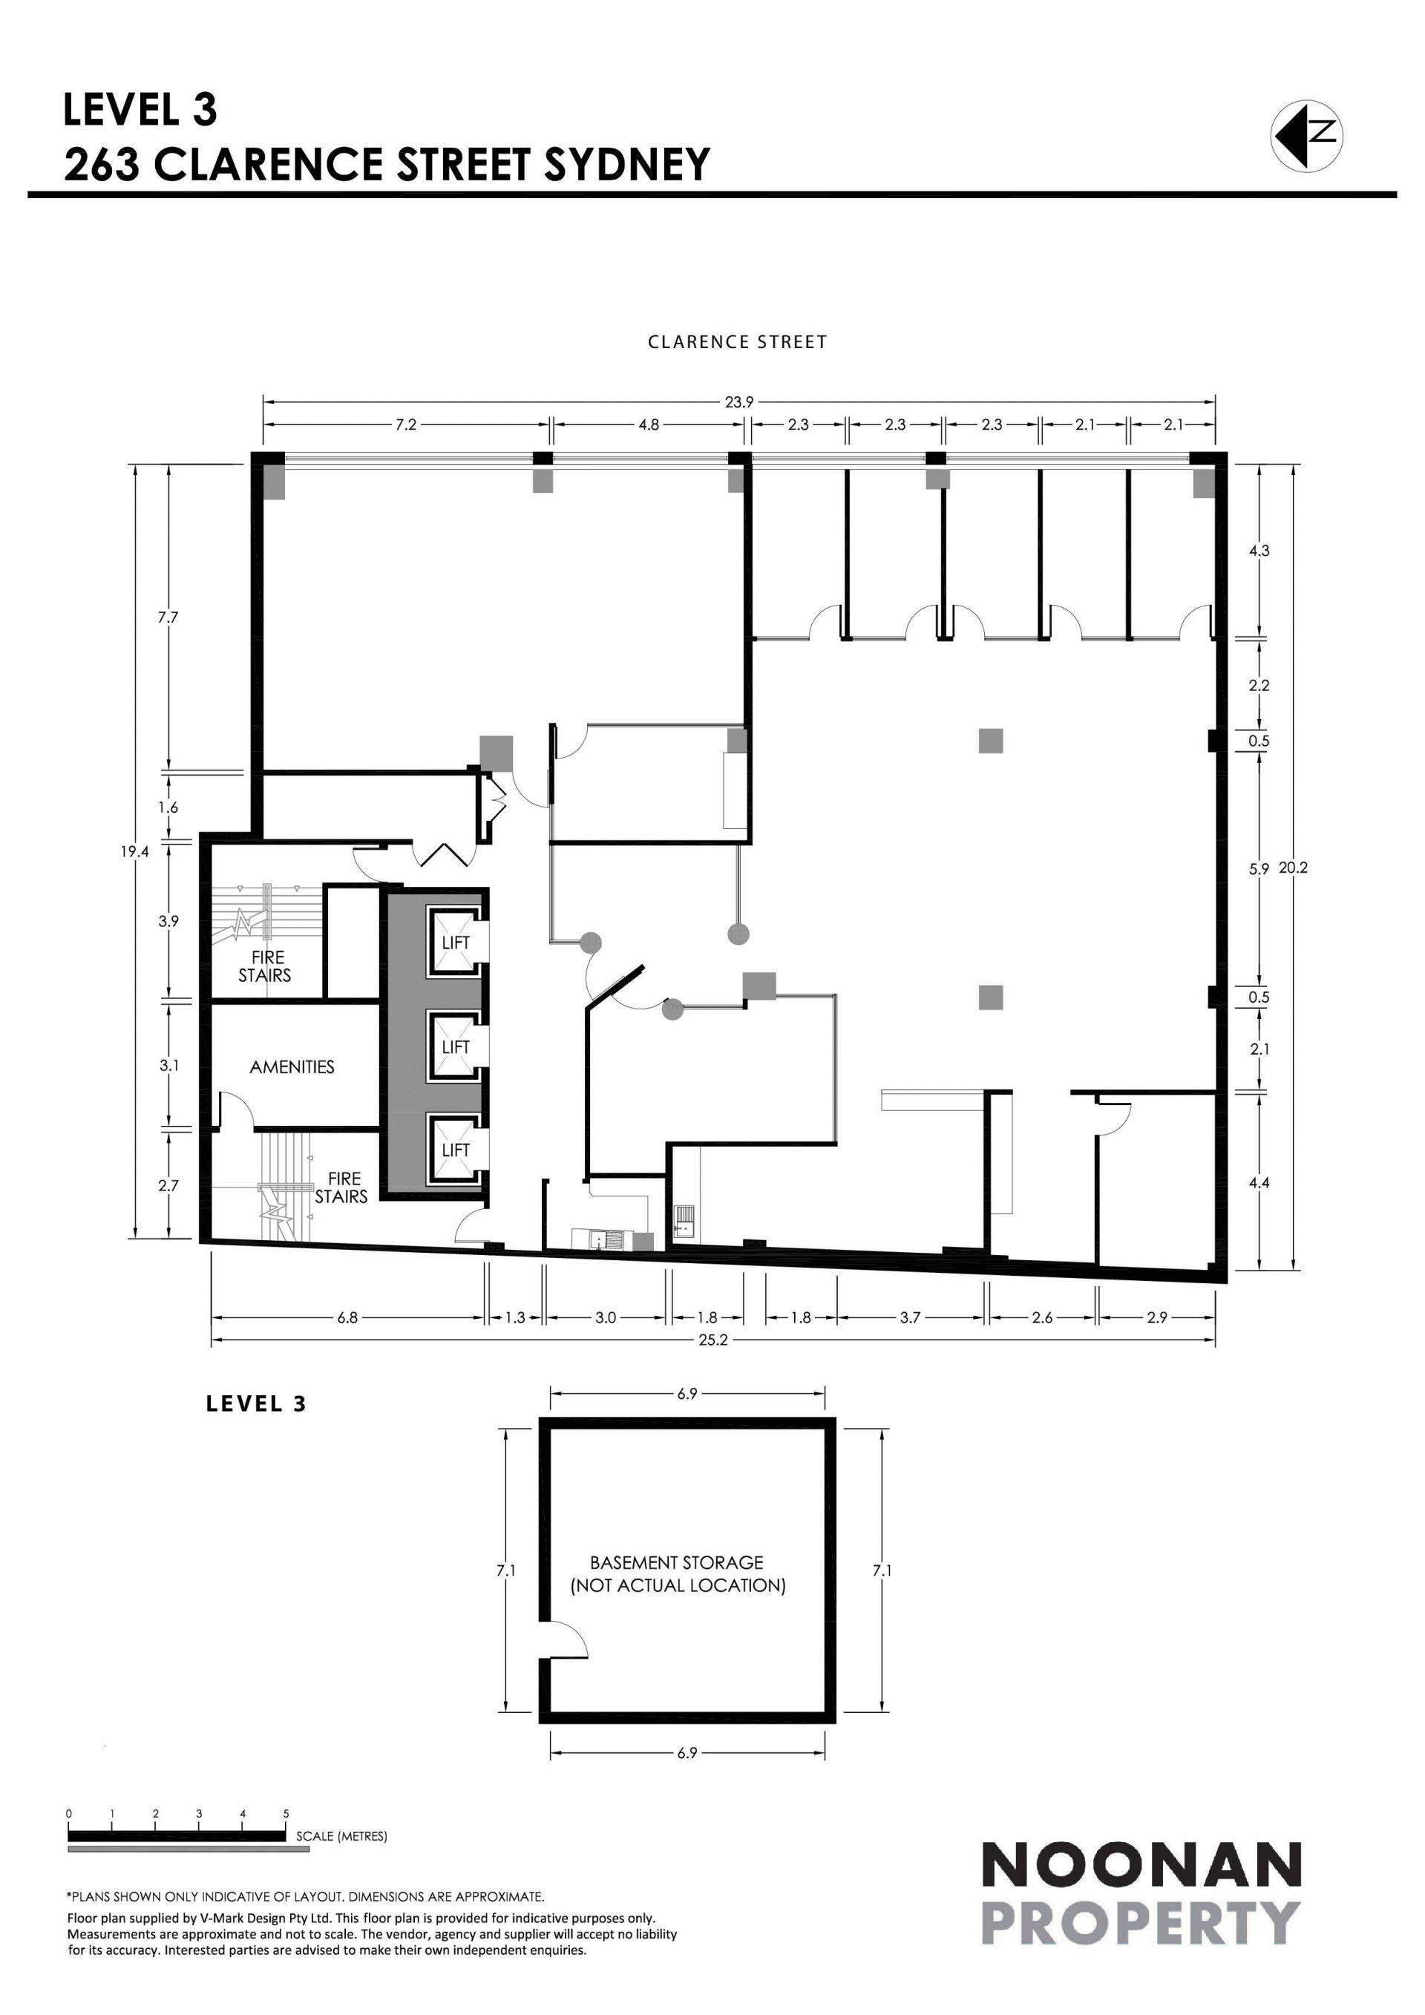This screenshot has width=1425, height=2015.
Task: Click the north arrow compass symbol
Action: point(1306,134)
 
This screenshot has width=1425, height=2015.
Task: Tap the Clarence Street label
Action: point(737,342)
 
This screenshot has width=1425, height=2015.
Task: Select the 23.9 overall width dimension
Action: point(738,402)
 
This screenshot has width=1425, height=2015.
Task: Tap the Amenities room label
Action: point(292,1067)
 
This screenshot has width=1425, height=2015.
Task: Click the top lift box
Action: point(456,943)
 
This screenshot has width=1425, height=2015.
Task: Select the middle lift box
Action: point(456,1046)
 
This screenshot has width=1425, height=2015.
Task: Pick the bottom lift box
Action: point(456,1149)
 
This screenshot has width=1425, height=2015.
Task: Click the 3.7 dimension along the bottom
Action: point(910,1317)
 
